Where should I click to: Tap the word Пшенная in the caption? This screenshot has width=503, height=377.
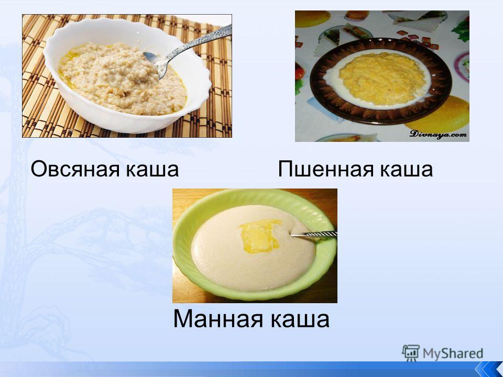(326, 169)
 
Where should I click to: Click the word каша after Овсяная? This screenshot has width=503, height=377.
(152, 170)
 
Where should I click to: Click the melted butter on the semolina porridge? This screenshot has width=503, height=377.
(260, 236)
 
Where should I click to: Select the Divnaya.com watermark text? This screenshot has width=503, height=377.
(438, 134)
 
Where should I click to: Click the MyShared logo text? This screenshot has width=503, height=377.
(453, 353)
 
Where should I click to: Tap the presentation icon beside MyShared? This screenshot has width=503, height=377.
(411, 352)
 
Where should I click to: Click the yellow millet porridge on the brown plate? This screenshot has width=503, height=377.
(382, 79)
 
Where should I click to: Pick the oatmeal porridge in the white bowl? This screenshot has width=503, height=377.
(122, 79)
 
